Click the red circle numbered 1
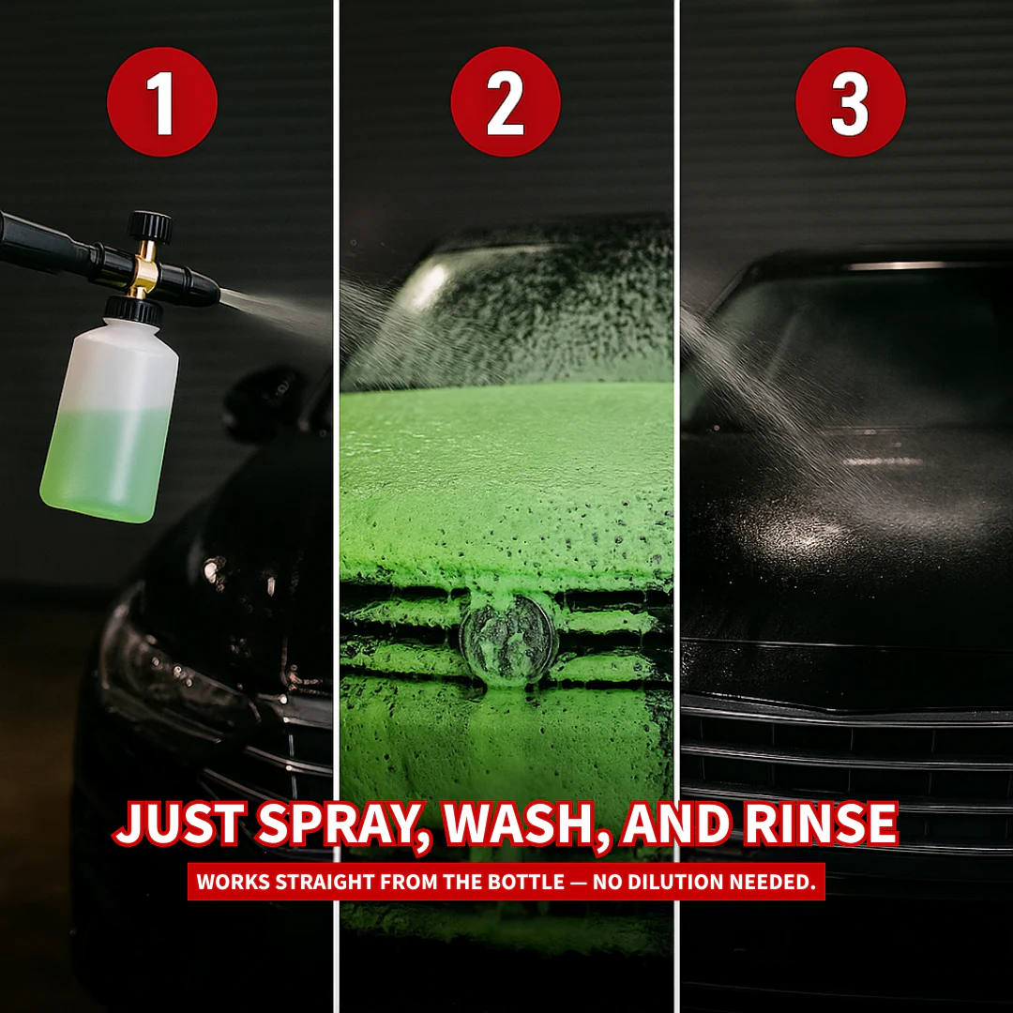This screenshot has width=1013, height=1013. [162, 101]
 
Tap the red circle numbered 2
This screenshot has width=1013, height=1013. [506, 101]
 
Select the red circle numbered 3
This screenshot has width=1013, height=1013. [851, 101]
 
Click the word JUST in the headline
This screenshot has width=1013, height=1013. [179, 824]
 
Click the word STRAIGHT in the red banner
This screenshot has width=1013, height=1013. [317, 883]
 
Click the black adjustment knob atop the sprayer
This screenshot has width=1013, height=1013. [150, 226]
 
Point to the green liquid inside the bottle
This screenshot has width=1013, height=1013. [108, 460]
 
